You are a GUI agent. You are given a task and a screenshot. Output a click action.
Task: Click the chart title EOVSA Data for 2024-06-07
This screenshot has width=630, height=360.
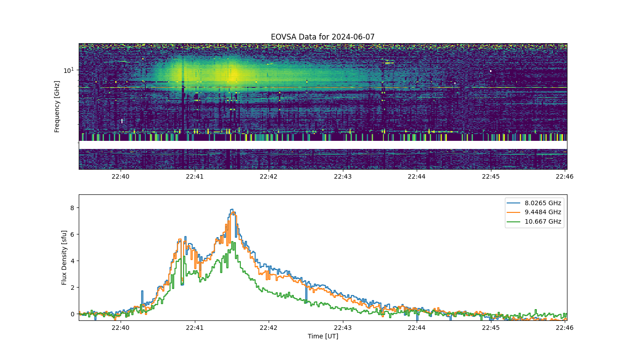[x=323, y=37]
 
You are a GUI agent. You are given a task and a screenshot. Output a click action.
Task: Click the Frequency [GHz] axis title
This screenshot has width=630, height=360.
[x=57, y=107]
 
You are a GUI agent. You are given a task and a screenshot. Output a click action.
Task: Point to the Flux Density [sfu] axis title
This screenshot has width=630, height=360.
[x=64, y=257]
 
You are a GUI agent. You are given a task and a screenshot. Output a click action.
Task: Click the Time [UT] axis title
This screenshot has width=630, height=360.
[x=323, y=336]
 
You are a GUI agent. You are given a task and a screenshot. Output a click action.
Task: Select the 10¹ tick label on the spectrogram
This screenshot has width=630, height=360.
[x=68, y=70]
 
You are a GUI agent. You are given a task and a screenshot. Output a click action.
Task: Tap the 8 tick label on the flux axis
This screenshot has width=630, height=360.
[x=72, y=208]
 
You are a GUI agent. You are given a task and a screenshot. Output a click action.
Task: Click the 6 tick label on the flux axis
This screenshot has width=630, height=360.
[x=72, y=234]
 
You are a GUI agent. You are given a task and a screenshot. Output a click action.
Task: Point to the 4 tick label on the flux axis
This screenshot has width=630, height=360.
[x=72, y=261]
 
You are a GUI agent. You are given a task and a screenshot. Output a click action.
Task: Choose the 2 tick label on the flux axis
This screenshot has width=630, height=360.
[x=72, y=288]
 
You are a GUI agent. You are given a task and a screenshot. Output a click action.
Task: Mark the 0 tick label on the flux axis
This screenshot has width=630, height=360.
[x=72, y=314]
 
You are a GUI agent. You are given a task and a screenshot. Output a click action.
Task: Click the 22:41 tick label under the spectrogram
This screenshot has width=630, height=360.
[x=194, y=176]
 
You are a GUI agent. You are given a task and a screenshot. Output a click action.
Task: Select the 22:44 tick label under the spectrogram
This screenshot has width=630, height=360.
[x=417, y=176]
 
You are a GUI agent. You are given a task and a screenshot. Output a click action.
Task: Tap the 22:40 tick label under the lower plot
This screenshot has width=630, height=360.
[x=121, y=328]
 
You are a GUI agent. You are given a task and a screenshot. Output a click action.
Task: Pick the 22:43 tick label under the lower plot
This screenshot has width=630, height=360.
[x=343, y=328]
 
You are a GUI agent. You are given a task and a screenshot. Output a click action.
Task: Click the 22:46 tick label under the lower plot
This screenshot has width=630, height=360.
[x=565, y=328]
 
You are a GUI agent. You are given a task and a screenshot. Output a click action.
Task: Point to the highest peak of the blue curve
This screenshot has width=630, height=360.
[x=232, y=209]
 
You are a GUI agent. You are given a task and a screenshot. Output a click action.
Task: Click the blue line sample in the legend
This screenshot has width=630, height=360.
[x=513, y=203]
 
